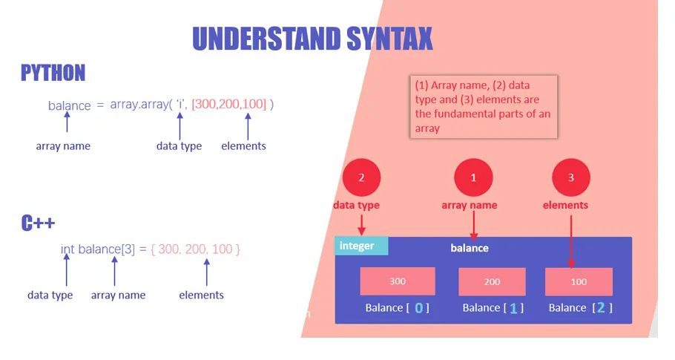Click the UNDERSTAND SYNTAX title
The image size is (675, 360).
click(312, 39)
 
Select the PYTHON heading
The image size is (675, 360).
click(53, 73)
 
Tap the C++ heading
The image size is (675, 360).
click(38, 223)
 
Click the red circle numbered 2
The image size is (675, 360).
click(362, 177)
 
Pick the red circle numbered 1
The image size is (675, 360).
click(473, 177)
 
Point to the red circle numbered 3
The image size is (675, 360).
click(571, 177)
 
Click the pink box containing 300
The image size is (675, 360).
click(398, 281)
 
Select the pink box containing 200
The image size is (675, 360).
click(492, 281)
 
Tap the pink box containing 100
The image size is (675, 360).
click(579, 281)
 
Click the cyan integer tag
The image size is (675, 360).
click(361, 246)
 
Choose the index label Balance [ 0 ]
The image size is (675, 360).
click(397, 308)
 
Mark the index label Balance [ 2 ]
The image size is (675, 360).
click(580, 308)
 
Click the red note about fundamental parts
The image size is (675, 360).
click(484, 107)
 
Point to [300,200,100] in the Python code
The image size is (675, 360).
click(229, 104)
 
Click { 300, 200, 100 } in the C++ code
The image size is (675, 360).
click(195, 249)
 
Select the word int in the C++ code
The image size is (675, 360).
click(67, 249)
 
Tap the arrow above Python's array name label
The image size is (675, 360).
click(67, 122)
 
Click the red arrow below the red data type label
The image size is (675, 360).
click(362, 225)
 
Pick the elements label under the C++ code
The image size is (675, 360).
click(201, 295)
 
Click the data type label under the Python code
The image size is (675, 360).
click(179, 146)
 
